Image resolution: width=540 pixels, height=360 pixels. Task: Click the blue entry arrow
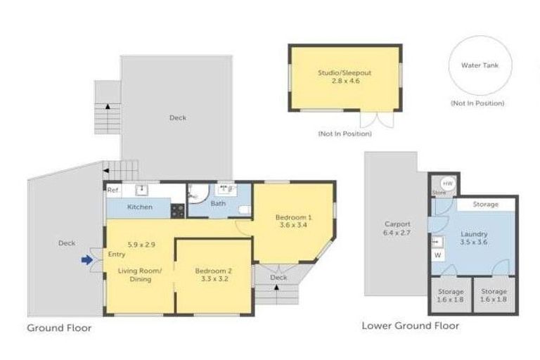point(86,259)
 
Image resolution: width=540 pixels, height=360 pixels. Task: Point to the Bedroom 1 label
point(293,217)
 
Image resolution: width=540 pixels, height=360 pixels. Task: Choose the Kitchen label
point(139,207)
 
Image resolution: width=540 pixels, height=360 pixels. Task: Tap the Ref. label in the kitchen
point(113,190)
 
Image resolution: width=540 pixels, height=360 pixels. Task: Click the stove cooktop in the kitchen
point(178,208)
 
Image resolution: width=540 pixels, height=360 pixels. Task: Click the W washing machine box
point(437,255)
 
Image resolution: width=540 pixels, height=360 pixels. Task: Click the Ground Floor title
point(59,328)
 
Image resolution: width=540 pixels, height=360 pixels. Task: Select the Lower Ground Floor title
point(410,326)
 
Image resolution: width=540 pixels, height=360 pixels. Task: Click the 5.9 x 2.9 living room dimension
point(141,245)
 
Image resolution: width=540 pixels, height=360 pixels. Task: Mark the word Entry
point(117,255)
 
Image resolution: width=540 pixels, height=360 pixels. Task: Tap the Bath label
point(218,204)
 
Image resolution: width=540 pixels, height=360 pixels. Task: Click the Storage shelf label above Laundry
point(485,204)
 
